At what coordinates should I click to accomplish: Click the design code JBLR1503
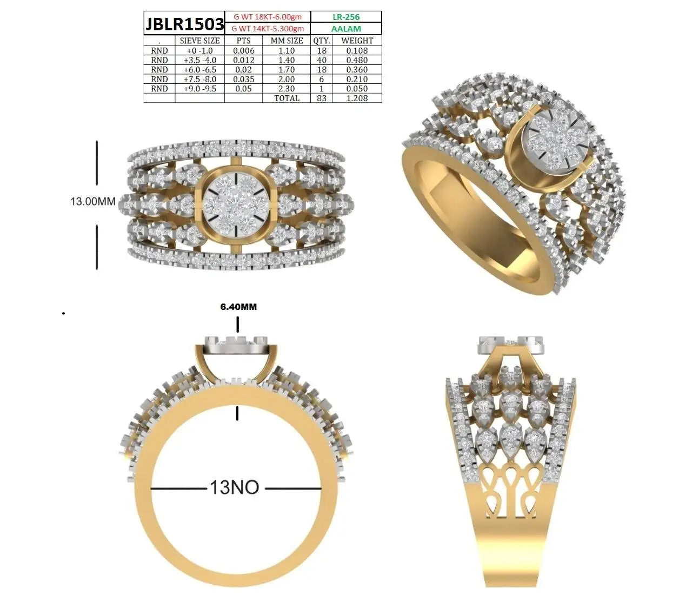[x=184, y=24]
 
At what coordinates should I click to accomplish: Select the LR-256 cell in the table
[x=345, y=17]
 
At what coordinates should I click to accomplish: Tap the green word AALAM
[x=345, y=29]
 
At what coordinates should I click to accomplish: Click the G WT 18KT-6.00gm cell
[x=268, y=17]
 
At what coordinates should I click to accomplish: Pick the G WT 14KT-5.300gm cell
[x=268, y=29]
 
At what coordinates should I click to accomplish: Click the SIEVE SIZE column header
[x=199, y=41]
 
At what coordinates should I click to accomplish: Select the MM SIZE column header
[x=287, y=41]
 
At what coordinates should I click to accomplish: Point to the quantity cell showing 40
[x=322, y=60]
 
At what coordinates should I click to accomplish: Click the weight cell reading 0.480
[x=357, y=60]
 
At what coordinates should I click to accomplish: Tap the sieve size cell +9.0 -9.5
[x=200, y=89]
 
